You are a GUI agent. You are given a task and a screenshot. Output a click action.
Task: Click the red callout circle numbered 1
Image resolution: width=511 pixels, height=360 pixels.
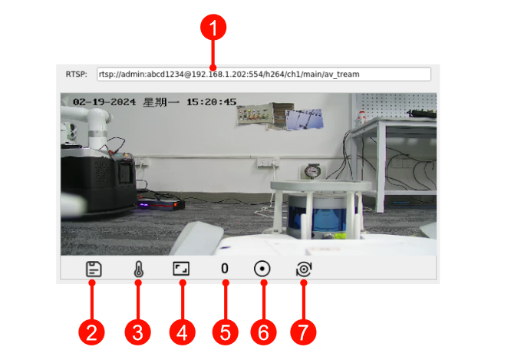pos(213,27)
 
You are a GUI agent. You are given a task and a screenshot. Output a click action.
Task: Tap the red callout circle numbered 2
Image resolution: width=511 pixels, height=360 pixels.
pos(91,332)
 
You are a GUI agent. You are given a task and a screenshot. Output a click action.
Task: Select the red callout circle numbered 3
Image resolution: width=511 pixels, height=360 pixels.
pos(138,332)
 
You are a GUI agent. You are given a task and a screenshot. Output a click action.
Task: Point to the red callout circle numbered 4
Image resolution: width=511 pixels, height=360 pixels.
pos(182,332)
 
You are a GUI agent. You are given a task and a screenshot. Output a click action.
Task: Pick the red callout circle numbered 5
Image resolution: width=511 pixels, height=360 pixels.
pos(225,332)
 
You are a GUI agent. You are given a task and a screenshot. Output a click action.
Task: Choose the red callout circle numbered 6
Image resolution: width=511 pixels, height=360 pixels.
pos(263,332)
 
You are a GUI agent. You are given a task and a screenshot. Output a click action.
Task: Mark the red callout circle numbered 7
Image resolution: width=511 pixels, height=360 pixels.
pos(303,332)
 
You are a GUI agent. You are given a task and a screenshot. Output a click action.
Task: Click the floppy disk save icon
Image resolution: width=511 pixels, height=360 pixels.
pos(94,269)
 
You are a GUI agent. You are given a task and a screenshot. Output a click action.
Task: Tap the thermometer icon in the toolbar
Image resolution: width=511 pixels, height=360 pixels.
pos(139,269)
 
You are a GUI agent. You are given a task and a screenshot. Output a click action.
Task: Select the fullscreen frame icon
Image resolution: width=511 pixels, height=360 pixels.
pos(181,269)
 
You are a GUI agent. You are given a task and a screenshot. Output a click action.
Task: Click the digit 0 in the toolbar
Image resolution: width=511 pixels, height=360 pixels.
pos(225,269)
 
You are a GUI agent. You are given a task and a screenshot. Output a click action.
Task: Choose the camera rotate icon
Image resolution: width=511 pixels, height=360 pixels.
pos(304,269)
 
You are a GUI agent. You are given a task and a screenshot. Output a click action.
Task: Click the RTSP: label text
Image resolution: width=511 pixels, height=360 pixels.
pos(77,74)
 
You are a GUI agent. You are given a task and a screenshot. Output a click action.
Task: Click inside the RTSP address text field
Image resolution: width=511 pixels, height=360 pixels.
pos(264,74)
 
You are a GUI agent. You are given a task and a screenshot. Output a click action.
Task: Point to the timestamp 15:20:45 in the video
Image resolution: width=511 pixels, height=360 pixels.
pos(211,102)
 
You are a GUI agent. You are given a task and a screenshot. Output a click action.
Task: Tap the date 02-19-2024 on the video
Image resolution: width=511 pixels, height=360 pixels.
pos(104,102)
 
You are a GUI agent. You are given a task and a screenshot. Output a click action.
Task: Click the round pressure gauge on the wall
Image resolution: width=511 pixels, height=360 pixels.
pos(312,170)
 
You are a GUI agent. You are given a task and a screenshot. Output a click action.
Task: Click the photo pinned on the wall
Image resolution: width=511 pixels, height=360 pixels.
pos(304,119)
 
